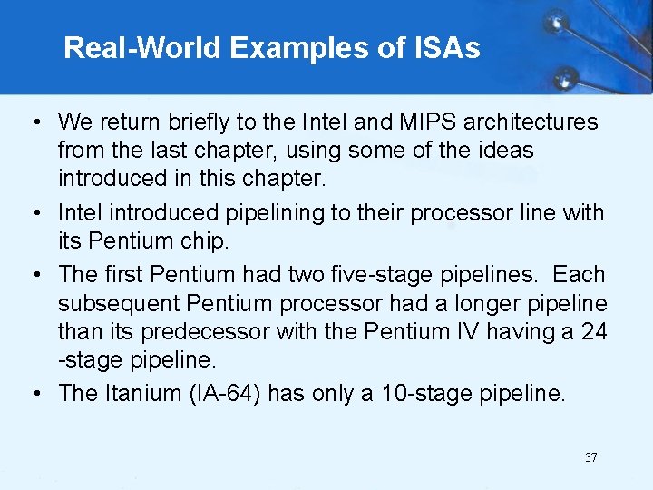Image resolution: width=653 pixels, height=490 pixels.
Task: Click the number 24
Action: [594, 332]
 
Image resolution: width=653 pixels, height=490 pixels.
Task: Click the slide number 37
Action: [590, 457]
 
